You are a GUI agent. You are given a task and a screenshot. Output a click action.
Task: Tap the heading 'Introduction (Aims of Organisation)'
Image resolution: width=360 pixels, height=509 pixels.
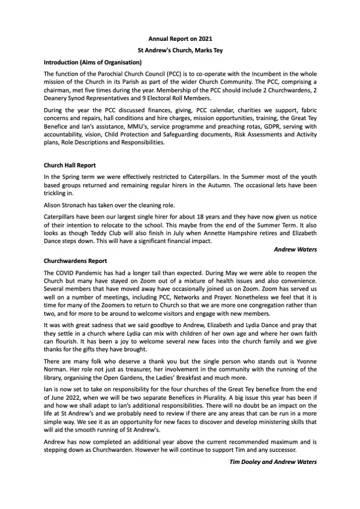(x=92, y=62)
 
